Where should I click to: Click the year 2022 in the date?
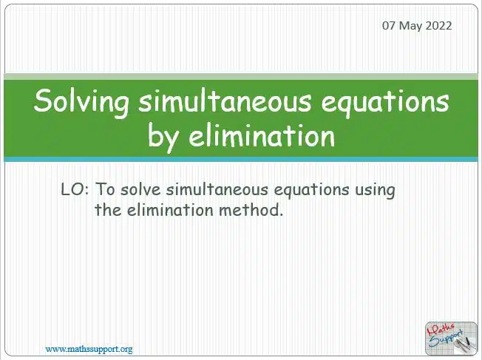click(x=438, y=25)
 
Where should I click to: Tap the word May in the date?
click(x=410, y=26)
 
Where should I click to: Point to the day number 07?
click(x=389, y=25)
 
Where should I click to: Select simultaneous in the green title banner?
click(x=225, y=101)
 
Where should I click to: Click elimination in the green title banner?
click(x=262, y=136)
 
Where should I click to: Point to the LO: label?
click(x=75, y=189)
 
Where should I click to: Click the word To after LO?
click(x=106, y=189)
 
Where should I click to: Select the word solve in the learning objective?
click(x=140, y=189)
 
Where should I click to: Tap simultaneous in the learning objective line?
click(x=217, y=189)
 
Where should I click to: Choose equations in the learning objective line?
click(x=311, y=191)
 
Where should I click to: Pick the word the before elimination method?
click(x=108, y=210)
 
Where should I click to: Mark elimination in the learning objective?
click(x=170, y=210)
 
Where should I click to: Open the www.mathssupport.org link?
click(x=89, y=349)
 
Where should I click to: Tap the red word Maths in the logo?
click(x=441, y=329)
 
